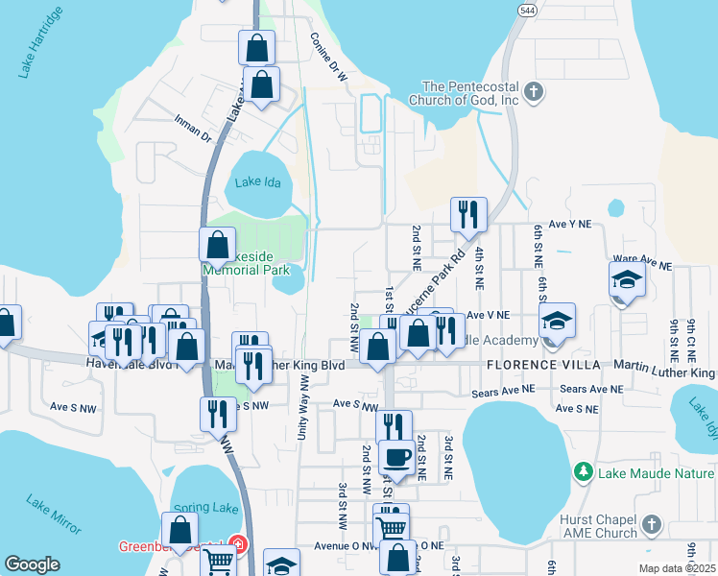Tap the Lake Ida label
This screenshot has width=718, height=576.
coord(258,182)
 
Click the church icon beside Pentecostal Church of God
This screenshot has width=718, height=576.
coord(536,92)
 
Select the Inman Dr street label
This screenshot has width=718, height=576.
coord(192,130)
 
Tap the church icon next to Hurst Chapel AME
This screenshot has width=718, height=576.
coord(651,524)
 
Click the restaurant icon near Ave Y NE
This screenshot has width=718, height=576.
coord(468,213)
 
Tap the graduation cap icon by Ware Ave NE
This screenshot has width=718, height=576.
coord(626,279)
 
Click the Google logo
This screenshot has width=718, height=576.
coord(33,564)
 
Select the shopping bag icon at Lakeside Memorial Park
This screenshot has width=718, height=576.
coord(217,244)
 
